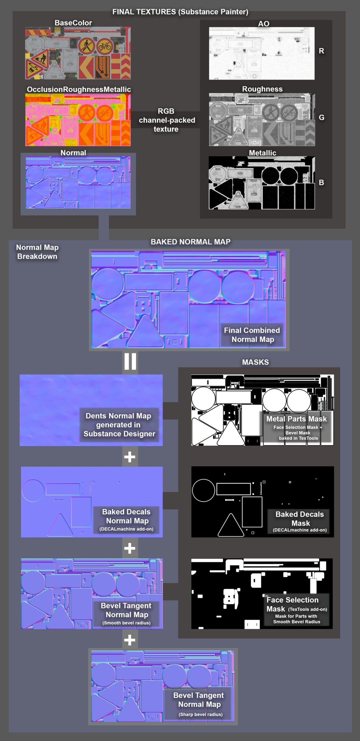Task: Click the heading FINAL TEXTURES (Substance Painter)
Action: pyautogui.click(x=180, y=12)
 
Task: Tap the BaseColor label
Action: pyautogui.click(x=73, y=23)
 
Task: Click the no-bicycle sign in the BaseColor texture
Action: pyautogui.click(x=105, y=46)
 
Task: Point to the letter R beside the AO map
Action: pyautogui.click(x=321, y=51)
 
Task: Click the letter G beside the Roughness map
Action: pyautogui.click(x=321, y=118)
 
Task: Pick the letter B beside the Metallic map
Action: pyautogui.click(x=321, y=183)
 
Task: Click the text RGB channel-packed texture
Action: pyautogui.click(x=166, y=120)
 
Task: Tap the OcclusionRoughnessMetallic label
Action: pyautogui.click(x=79, y=89)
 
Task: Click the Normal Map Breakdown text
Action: pyautogui.click(x=37, y=252)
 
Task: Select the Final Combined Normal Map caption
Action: pyautogui.click(x=252, y=335)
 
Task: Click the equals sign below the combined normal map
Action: pyautogui.click(x=130, y=362)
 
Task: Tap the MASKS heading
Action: pyautogui.click(x=255, y=362)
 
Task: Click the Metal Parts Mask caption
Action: pyautogui.click(x=296, y=419)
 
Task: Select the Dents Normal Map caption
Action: pyautogui.click(x=119, y=425)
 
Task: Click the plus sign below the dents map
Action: pyautogui.click(x=130, y=457)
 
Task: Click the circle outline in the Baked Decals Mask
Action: pyautogui.click(x=203, y=490)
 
